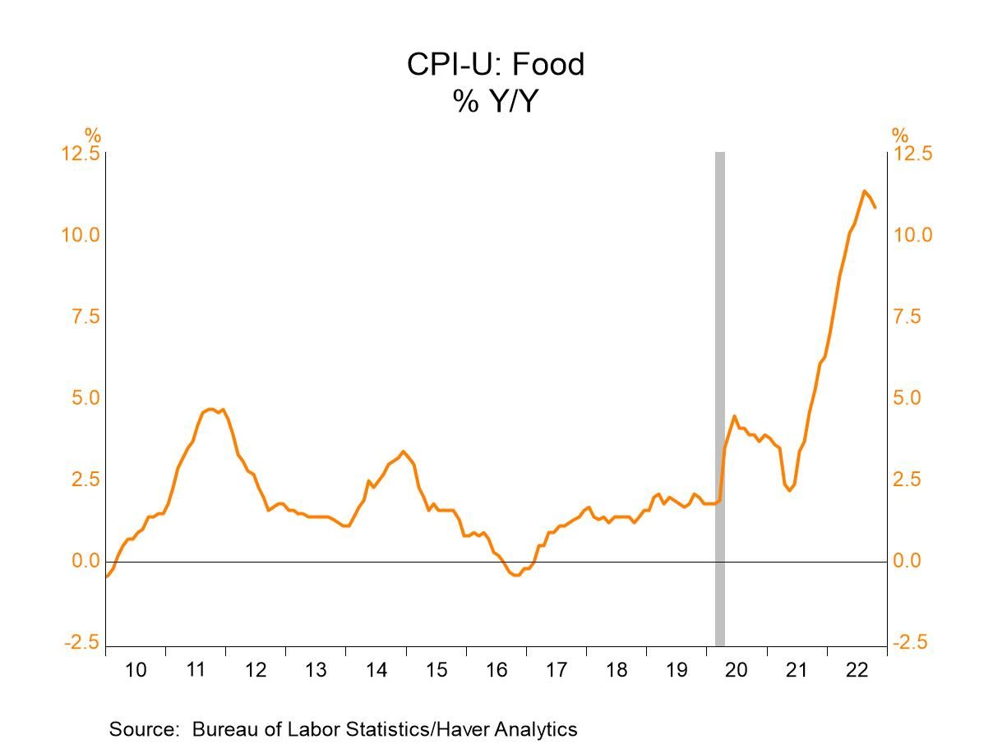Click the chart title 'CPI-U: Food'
[x=496, y=64]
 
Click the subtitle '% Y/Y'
[x=495, y=101]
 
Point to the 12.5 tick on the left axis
[x=81, y=154]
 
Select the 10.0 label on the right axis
[x=913, y=236]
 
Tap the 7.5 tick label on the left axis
[x=86, y=317]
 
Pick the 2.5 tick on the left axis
[x=86, y=480]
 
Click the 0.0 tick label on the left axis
[x=86, y=562]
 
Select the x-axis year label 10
[x=136, y=670]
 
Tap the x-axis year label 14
[x=376, y=670]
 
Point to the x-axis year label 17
[x=557, y=670]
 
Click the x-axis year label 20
[x=737, y=670]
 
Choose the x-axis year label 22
[x=857, y=670]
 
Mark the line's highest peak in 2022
[x=864, y=191]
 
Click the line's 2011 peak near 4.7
[x=211, y=409]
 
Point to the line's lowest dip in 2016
[x=515, y=575]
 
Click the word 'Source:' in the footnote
[x=145, y=729]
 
